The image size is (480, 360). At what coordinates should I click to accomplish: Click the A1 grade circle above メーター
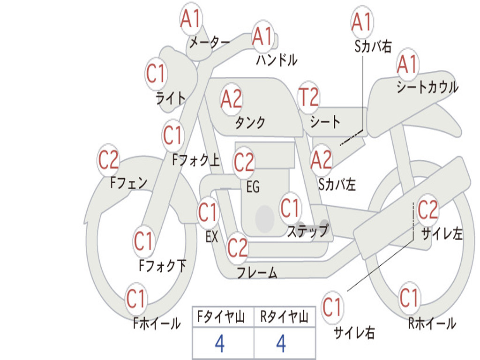click(x=190, y=20)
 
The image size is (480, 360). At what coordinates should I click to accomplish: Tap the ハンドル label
click(x=277, y=60)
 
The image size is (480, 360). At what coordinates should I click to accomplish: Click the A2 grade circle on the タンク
click(x=232, y=99)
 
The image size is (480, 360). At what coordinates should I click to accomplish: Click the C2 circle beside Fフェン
click(x=108, y=160)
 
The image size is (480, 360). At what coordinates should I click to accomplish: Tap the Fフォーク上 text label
click(x=196, y=161)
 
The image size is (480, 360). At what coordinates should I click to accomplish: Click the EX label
click(x=212, y=237)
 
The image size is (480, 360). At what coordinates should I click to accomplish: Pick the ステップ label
click(x=307, y=231)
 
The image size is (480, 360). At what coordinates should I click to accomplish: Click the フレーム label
click(x=257, y=272)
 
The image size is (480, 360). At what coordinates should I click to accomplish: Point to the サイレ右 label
click(x=354, y=333)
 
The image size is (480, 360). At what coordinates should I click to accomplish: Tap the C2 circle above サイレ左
click(x=427, y=210)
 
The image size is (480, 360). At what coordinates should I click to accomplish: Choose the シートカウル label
click(x=427, y=87)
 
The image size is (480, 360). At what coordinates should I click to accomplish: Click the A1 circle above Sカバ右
click(x=361, y=22)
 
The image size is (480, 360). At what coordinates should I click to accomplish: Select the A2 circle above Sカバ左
click(x=322, y=160)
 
